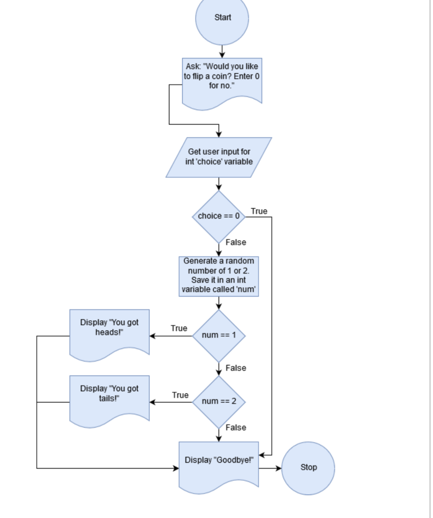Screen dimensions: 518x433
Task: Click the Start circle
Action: [222, 19]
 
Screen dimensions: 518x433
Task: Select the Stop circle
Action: [308, 468]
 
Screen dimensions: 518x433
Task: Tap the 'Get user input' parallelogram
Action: [219, 157]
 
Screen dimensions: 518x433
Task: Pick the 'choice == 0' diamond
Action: [219, 217]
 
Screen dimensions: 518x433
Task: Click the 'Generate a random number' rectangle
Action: [219, 276]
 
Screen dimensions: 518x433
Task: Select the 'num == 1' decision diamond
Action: [219, 335]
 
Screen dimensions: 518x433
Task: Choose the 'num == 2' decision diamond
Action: [219, 402]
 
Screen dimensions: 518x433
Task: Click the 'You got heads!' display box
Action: [109, 333]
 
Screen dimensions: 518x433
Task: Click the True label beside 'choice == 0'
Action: [259, 211]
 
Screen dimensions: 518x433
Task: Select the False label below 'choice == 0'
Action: [235, 242]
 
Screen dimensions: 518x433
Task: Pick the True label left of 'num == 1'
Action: [179, 328]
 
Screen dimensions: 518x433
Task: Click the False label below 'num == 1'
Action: [235, 368]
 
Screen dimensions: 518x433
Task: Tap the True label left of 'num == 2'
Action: [180, 395]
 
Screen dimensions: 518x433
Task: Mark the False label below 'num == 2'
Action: [235, 427]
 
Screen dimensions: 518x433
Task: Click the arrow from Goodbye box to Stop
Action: [270, 468]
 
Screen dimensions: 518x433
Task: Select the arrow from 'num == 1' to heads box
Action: [171, 336]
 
